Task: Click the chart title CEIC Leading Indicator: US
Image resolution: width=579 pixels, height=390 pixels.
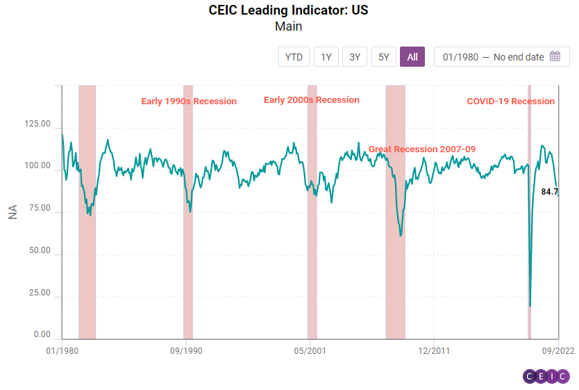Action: pos(289,11)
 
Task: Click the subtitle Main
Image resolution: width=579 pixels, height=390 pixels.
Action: pos(289,27)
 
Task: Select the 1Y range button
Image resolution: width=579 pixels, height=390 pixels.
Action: pos(326,57)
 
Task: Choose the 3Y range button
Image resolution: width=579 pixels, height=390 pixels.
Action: pos(355,57)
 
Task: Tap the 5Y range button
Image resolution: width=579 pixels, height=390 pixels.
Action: pos(384,57)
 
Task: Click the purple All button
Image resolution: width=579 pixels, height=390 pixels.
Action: pos(412,57)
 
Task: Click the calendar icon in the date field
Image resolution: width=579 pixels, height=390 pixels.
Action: pos(555,57)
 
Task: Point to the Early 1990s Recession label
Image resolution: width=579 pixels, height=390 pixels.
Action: pos(189,101)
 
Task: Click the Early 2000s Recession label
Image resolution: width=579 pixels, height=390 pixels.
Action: pos(312,100)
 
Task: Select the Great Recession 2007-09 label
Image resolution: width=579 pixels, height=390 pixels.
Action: pos(421,149)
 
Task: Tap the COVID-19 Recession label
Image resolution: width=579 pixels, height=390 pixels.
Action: pos(510,101)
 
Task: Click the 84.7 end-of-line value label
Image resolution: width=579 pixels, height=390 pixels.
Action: pos(550,191)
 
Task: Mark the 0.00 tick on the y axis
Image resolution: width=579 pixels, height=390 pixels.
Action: pos(42,335)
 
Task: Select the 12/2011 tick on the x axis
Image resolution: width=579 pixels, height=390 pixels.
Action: pos(433,351)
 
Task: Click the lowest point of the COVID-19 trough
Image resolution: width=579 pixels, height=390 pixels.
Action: pos(530,306)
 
